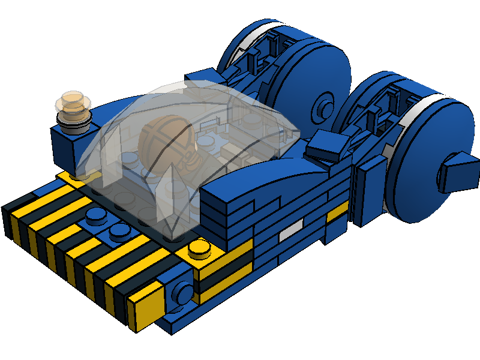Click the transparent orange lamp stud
point(74,103)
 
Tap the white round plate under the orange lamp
point(75,122)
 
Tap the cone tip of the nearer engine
point(458,171)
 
